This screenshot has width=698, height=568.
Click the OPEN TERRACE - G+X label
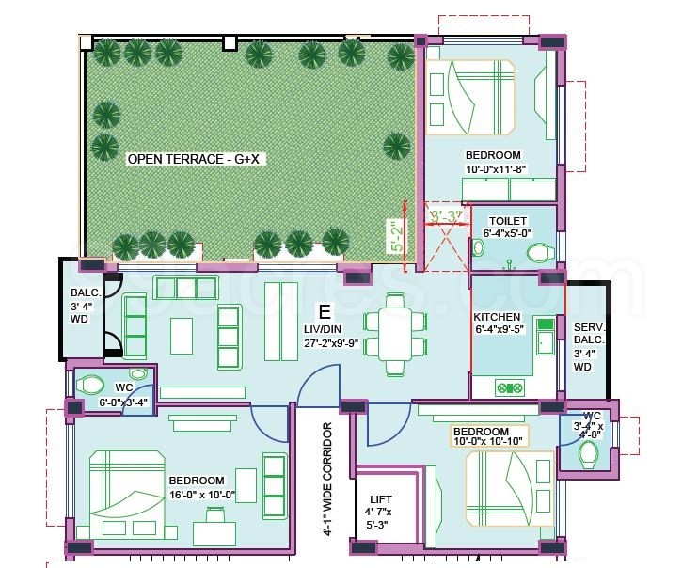[x=197, y=159]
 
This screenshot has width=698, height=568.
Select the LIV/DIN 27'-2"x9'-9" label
[x=325, y=335]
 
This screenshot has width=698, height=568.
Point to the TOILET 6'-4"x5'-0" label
[x=508, y=228]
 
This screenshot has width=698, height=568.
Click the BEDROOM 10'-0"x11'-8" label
[x=493, y=163]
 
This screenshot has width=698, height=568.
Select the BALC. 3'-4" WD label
[x=81, y=305]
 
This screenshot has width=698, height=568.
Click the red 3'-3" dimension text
[x=446, y=217]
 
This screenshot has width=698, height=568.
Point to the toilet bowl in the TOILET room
[x=538, y=252]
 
